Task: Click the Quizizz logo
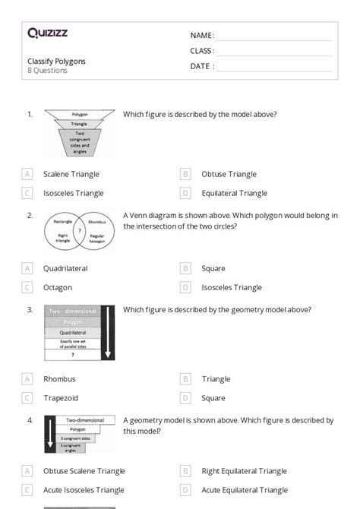[47, 33]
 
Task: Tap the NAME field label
[201, 36]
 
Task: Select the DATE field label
[201, 66]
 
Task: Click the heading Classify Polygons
[56, 61]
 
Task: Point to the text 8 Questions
[47, 71]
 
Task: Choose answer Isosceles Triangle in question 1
[73, 193]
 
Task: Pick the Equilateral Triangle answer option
[234, 193]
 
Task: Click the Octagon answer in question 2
[58, 287]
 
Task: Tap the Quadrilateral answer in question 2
[65, 268]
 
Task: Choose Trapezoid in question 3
[61, 397]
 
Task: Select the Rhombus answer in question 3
[59, 378]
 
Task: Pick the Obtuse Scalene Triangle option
[84, 471]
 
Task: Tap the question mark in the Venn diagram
[80, 229]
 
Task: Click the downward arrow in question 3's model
[108, 333]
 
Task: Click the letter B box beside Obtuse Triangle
[185, 174]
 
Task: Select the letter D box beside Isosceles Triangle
[185, 287]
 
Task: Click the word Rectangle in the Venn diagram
[63, 222]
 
